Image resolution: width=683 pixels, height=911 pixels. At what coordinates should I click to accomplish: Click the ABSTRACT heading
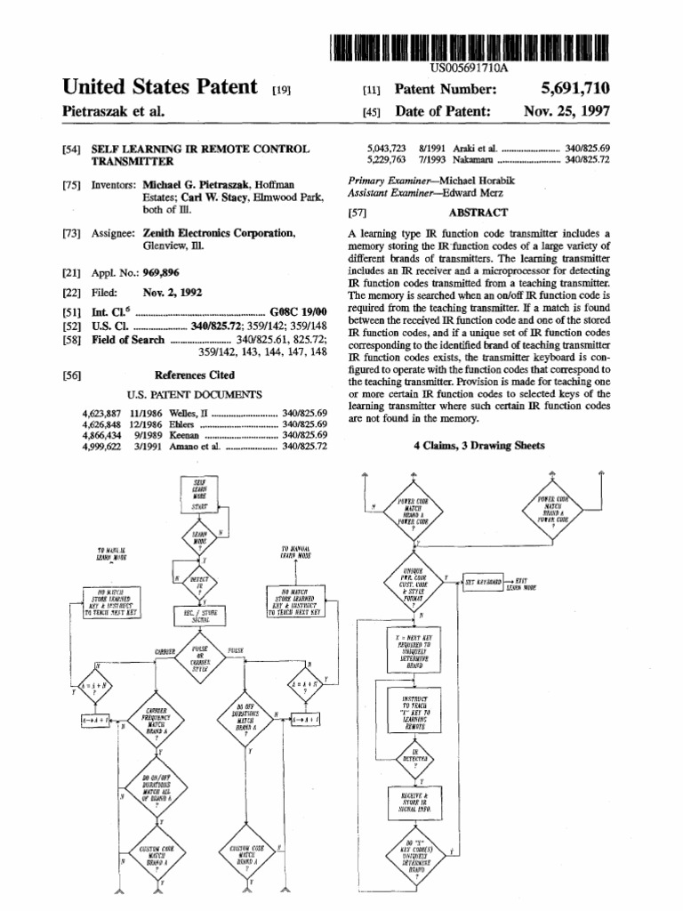point(478,213)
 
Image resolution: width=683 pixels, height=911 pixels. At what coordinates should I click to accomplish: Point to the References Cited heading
point(195,375)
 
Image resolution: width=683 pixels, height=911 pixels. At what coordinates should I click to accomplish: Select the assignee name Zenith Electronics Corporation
point(219,232)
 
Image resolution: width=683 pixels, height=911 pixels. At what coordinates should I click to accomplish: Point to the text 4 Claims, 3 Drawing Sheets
point(479,446)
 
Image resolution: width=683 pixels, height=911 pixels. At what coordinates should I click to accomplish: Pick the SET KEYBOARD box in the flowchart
point(483,581)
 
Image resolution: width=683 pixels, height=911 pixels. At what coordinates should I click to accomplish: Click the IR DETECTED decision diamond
point(409,758)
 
